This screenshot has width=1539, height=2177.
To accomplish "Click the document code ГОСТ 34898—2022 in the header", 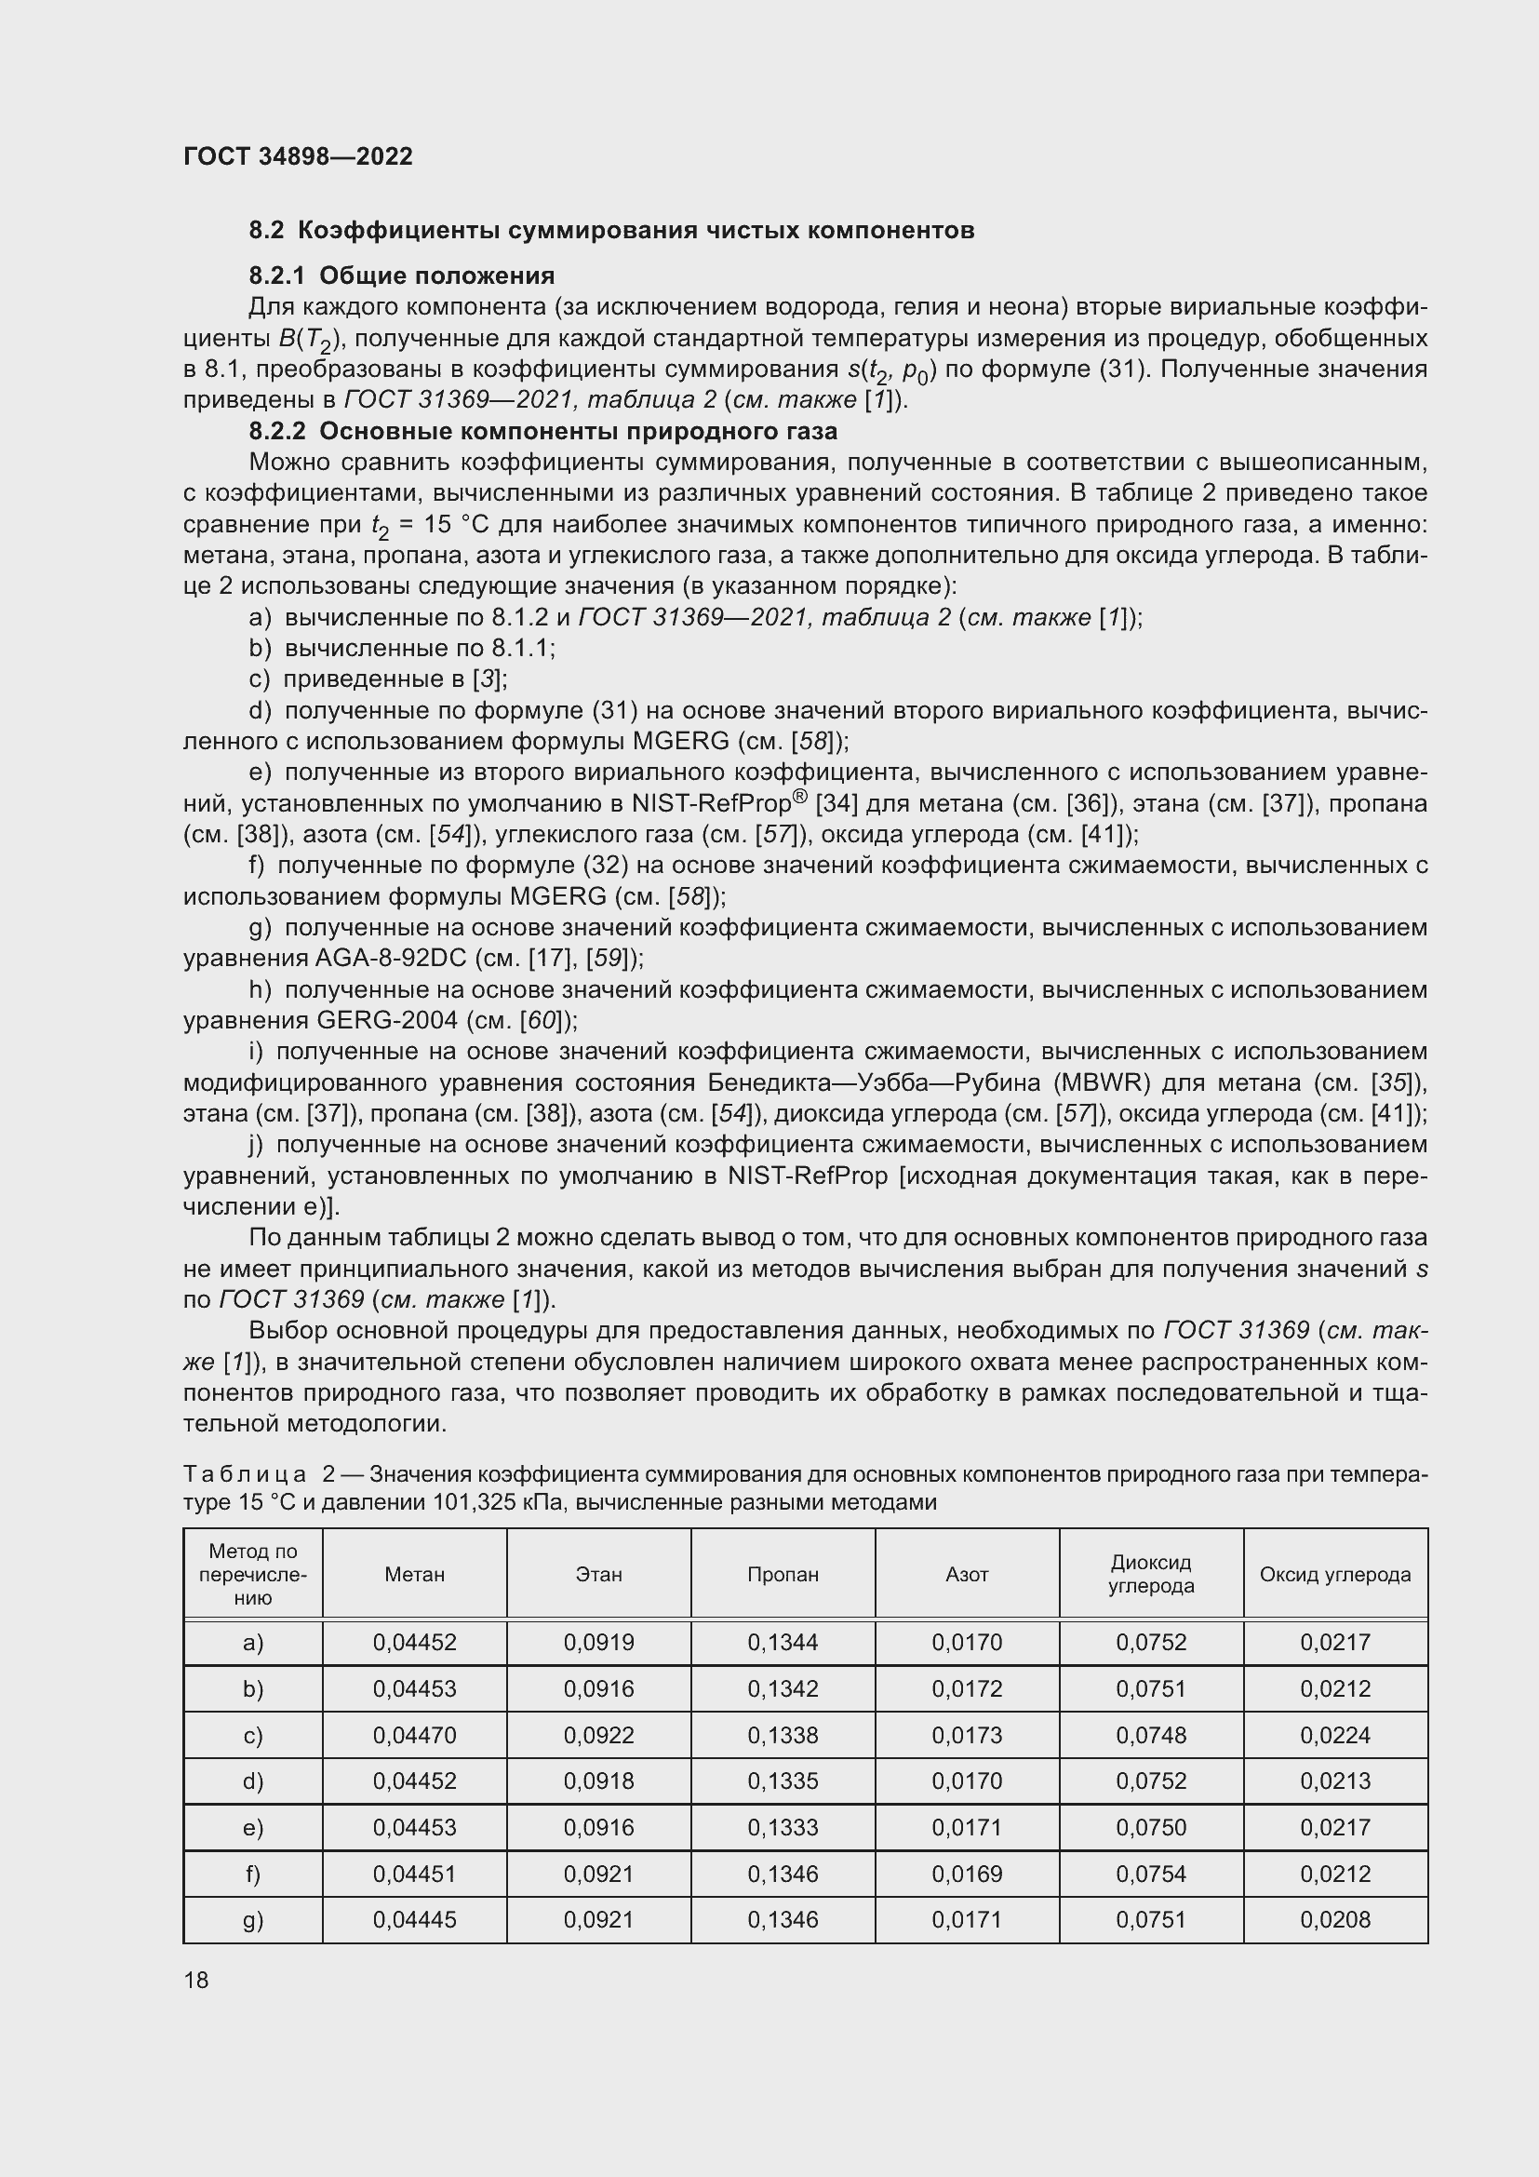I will (x=298, y=156).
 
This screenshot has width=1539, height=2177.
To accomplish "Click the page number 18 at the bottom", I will (x=196, y=1980).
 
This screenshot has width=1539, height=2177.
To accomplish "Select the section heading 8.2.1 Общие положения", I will (x=402, y=275).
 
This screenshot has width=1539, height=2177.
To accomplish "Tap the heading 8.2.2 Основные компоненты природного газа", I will (x=543, y=432).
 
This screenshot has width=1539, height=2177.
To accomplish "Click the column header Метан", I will (x=414, y=1575).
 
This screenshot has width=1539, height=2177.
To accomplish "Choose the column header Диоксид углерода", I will (x=1150, y=1575).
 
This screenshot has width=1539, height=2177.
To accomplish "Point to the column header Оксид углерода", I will (x=1334, y=1575).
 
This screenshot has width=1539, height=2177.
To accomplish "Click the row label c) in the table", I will (x=252, y=1735).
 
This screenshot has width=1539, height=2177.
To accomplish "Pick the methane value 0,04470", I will (x=414, y=1735).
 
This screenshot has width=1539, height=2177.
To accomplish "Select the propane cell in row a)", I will (x=782, y=1642).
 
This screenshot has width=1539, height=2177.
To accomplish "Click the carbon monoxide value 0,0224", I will (x=1334, y=1735).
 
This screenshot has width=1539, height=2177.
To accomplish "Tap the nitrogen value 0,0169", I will (x=966, y=1874).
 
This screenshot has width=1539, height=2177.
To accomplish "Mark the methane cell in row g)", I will (x=414, y=1920).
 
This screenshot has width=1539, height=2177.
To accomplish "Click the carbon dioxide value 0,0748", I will (x=1150, y=1735).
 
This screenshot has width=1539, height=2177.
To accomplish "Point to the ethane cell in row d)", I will (x=598, y=1781).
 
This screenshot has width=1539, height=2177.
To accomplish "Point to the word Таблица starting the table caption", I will (x=245, y=1474).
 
